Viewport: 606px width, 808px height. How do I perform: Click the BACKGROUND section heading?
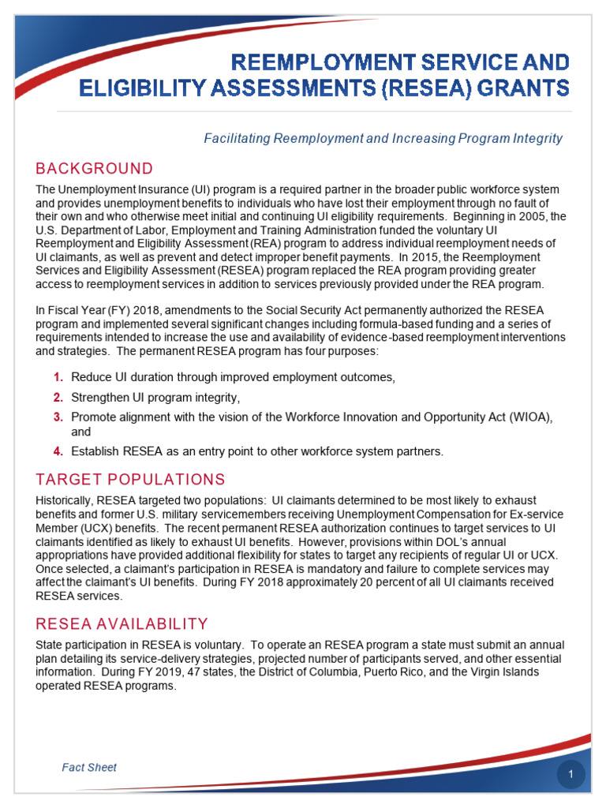(x=94, y=169)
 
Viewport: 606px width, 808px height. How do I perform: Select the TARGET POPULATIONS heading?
(x=130, y=480)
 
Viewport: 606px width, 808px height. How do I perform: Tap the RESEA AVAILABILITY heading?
(x=122, y=624)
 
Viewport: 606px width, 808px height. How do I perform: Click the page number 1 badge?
(x=570, y=776)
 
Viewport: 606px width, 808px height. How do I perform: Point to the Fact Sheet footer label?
(x=89, y=767)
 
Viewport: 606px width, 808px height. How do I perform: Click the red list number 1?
(x=58, y=377)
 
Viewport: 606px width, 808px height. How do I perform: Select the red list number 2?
(x=58, y=397)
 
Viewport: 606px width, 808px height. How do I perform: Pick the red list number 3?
(x=58, y=417)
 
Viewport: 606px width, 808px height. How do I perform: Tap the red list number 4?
(x=58, y=452)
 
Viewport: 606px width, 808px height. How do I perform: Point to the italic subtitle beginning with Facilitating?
(x=383, y=139)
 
